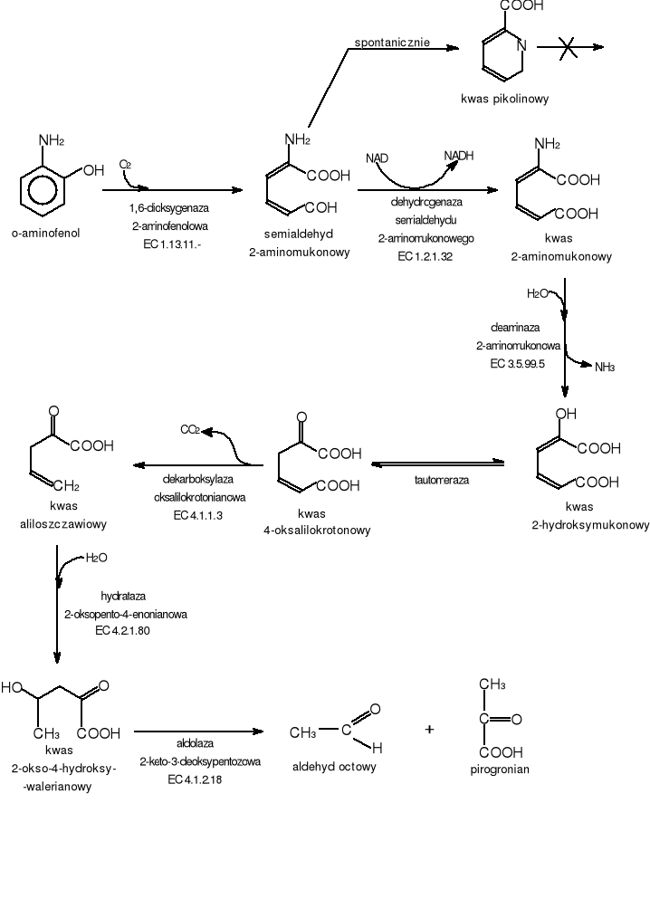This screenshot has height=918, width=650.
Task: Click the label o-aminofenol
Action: tap(45, 233)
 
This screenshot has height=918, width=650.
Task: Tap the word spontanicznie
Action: tap(392, 43)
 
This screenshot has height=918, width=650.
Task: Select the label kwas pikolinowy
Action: tap(504, 99)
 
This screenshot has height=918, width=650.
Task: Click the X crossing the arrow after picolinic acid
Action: tap(568, 47)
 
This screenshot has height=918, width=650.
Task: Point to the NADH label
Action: tap(459, 156)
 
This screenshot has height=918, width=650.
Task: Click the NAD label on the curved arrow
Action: tap(377, 158)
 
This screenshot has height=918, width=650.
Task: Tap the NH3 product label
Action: tap(605, 367)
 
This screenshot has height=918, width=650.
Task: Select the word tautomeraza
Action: tap(442, 480)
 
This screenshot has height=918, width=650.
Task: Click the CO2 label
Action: tap(190, 429)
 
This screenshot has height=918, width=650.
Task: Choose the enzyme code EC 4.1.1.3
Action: tap(198, 515)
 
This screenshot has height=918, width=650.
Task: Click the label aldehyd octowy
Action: tap(334, 767)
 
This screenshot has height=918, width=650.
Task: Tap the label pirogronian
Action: tap(500, 770)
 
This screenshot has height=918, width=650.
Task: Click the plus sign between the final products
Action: tap(429, 729)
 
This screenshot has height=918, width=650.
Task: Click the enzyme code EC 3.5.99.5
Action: tap(518, 363)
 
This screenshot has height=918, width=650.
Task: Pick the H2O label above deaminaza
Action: tap(538, 293)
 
